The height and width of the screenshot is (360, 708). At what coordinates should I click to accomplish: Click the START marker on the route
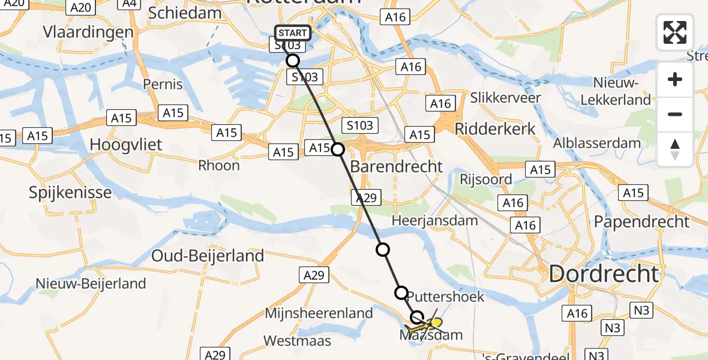pos(293,32)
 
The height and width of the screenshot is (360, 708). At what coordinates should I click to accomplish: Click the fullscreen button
pos(675,32)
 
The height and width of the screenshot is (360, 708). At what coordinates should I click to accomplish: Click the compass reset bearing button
pos(675,149)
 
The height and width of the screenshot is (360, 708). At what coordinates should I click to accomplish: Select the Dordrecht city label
pos(604,274)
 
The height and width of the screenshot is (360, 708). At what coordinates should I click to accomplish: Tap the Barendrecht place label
pos(396,166)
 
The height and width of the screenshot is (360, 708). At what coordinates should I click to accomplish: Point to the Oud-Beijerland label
pos(208,256)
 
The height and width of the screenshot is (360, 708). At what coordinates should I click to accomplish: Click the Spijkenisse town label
pos(70,193)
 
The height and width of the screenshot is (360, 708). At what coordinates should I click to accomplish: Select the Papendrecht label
pos(641,222)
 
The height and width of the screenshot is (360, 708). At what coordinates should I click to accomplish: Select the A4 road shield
pos(128,5)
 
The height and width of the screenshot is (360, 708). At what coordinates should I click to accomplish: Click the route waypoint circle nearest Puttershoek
pos(401,292)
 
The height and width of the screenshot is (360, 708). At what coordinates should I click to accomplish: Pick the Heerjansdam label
pos(434,221)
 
